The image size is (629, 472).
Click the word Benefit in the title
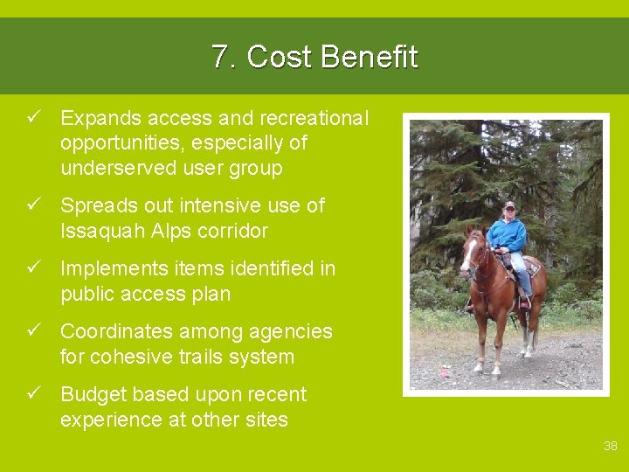click(x=369, y=58)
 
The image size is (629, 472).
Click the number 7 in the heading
click(x=218, y=58)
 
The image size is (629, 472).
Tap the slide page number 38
click(x=610, y=446)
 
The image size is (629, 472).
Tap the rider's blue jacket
click(x=507, y=234)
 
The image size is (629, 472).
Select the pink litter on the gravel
click(x=444, y=371)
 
